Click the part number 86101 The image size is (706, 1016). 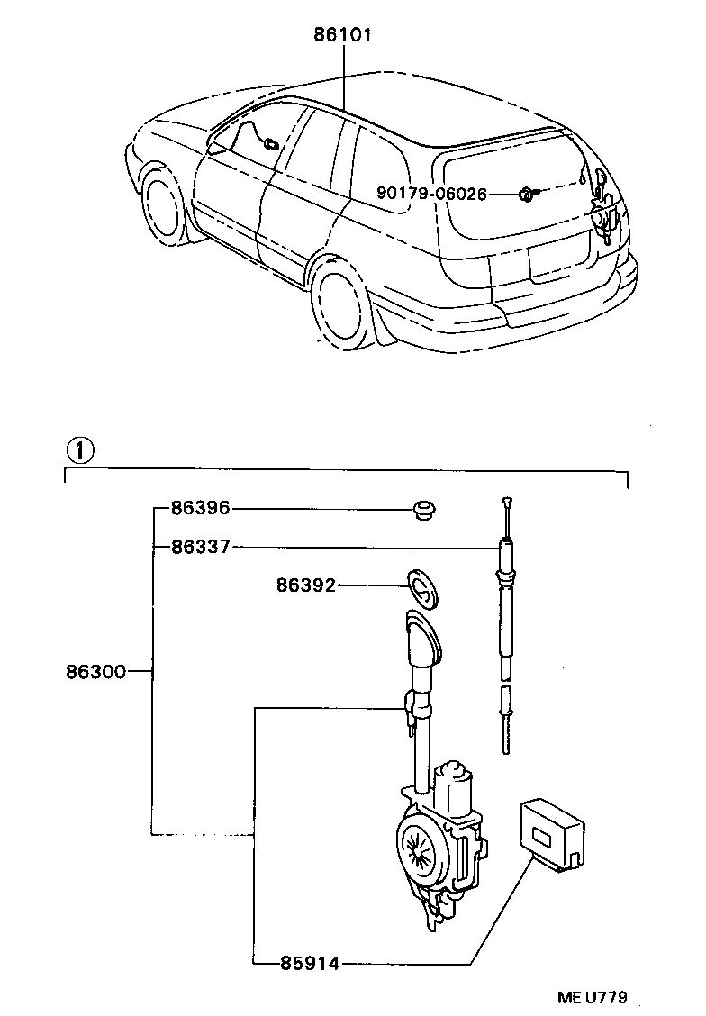[343, 35]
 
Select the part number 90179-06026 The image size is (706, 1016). [432, 194]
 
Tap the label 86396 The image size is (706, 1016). [201, 509]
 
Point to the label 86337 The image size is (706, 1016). [201, 546]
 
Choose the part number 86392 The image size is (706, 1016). [306, 585]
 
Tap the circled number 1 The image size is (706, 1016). [80, 449]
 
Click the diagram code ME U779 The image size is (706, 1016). [591, 997]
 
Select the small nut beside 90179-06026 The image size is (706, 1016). [524, 193]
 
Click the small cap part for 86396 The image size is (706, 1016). [421, 510]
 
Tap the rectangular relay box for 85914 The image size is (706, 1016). [550, 830]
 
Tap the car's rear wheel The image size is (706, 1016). [343, 304]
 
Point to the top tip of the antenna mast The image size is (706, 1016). [509, 500]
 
